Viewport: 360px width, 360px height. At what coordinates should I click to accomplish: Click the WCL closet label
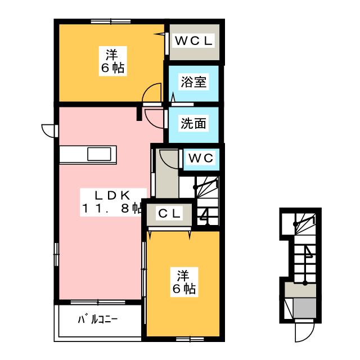[x=193, y=41]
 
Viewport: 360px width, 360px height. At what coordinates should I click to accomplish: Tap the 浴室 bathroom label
[x=193, y=82]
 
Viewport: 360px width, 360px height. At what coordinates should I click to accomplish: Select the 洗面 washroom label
[x=193, y=123]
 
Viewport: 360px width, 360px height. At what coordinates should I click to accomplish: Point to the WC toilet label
[x=201, y=158]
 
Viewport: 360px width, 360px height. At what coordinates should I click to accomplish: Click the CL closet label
[x=169, y=214]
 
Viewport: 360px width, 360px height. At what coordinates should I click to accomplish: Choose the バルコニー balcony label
[x=97, y=319]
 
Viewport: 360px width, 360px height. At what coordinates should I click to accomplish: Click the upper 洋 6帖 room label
[x=112, y=61]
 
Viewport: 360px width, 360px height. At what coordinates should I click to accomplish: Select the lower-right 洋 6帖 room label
[x=184, y=282]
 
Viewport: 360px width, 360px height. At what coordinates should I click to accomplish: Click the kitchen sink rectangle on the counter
[x=99, y=154]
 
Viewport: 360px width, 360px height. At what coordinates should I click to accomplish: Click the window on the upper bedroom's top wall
[x=111, y=21]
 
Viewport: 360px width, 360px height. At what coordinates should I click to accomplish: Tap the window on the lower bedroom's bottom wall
[x=190, y=339]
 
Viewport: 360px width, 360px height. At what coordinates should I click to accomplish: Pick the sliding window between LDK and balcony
[x=98, y=302]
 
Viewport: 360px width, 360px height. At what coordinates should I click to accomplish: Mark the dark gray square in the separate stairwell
[x=305, y=308]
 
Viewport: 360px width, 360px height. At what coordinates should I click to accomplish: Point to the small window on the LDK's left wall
[x=56, y=254]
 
